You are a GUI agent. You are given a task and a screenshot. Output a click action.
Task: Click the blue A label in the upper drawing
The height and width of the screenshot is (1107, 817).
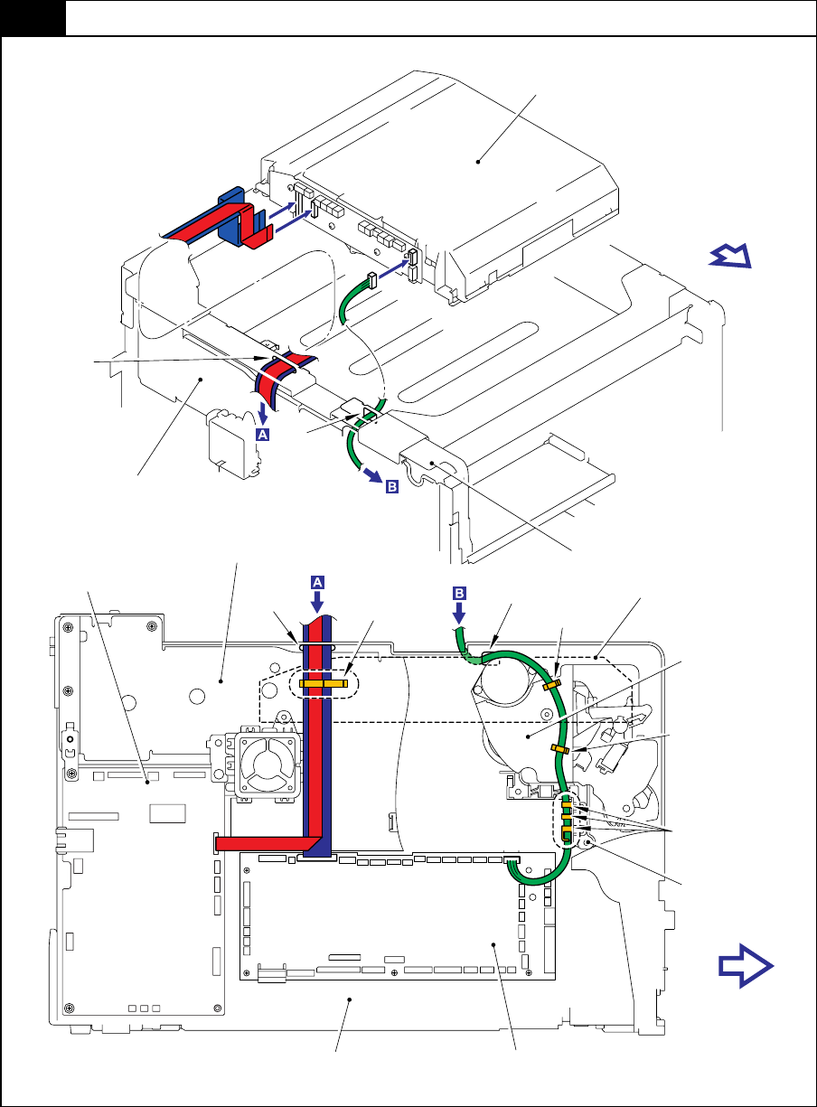click(262, 434)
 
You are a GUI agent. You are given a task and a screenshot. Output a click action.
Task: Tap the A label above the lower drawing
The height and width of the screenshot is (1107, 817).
click(317, 582)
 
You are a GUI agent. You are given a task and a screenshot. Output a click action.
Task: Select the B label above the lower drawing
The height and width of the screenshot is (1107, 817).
click(459, 593)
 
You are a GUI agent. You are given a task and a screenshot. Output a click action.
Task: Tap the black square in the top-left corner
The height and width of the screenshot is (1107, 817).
click(33, 18)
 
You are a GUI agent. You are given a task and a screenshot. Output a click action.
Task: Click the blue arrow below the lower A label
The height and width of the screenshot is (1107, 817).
click(317, 603)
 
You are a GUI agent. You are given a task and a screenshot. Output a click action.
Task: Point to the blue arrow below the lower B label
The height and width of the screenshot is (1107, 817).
click(458, 614)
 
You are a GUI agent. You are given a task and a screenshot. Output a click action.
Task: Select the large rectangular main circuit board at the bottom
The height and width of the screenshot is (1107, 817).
click(398, 917)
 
